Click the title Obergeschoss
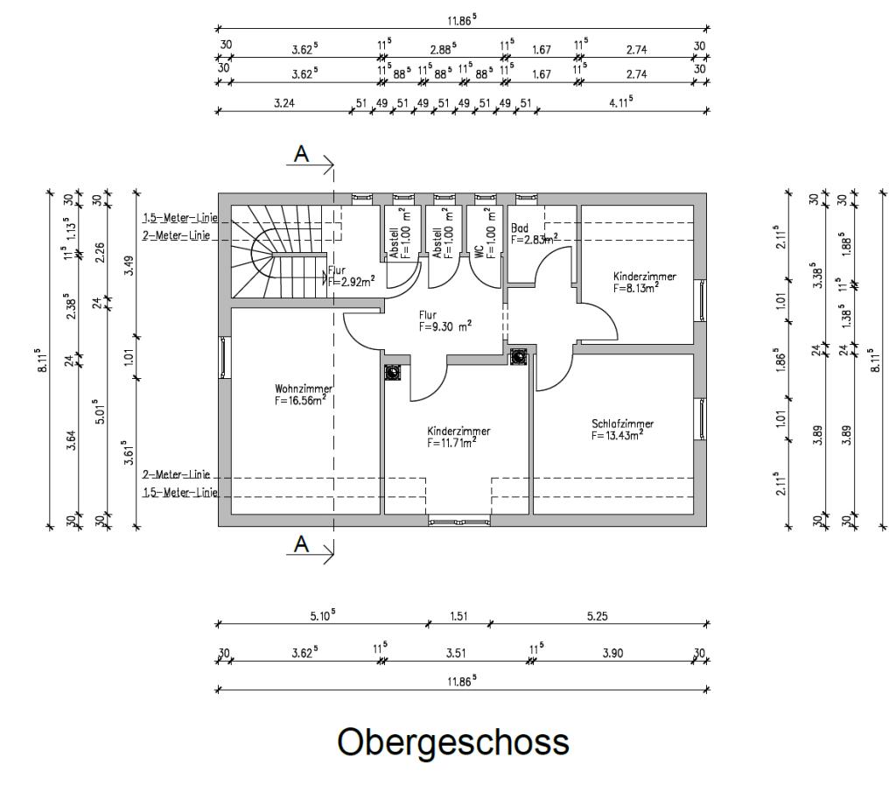coord(453,742)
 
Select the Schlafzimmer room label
coord(622,424)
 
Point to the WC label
coord(479,251)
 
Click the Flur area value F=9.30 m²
coord(445,325)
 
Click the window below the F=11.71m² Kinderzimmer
coord(458,522)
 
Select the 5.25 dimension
coord(598,615)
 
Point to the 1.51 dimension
coord(458,615)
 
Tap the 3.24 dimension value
coord(283,102)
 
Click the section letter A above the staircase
coord(302,153)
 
